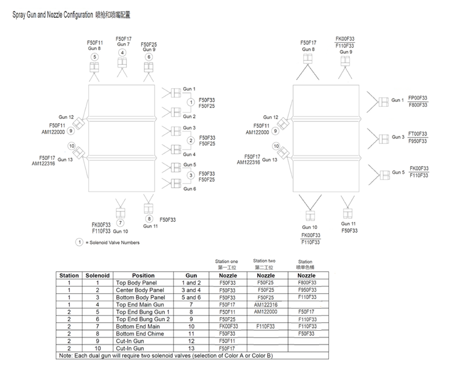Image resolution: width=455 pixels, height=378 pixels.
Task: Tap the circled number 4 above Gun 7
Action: (x=122, y=53)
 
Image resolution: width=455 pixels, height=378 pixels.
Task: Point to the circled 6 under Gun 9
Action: (x=149, y=57)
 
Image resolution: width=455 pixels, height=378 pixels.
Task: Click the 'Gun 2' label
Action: (x=189, y=116)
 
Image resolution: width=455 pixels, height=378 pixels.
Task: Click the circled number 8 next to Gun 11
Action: (x=149, y=219)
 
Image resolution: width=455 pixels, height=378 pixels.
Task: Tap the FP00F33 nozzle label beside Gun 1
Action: (x=418, y=98)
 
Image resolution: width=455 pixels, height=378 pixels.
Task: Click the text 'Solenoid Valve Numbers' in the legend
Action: (x=114, y=243)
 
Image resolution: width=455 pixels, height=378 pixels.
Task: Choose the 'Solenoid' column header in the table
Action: (x=97, y=276)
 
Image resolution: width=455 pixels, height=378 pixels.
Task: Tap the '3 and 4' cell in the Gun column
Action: (x=191, y=290)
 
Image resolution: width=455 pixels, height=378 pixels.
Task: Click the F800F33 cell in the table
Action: (x=307, y=283)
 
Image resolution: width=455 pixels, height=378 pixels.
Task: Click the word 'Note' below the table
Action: (x=65, y=355)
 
